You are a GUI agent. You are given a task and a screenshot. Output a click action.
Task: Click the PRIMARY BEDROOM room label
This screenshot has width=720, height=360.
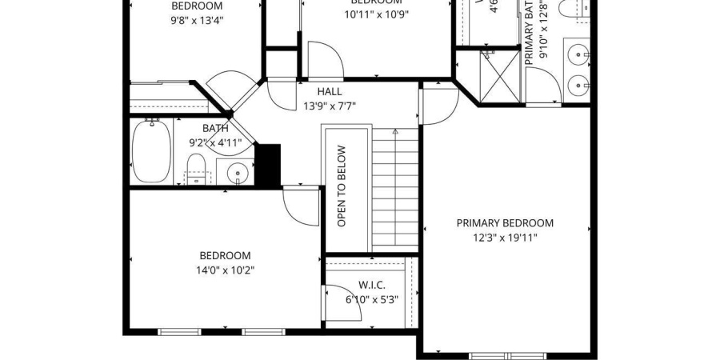click(x=504, y=223)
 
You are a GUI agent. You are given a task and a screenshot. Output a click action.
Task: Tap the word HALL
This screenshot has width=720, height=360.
click(x=329, y=92)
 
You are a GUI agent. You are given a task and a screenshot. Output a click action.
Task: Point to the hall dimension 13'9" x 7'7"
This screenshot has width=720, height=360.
click(x=329, y=106)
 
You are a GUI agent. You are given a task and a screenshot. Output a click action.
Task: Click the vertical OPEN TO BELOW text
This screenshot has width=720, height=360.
click(x=342, y=186)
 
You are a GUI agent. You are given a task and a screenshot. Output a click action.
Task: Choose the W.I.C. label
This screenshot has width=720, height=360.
click(x=371, y=285)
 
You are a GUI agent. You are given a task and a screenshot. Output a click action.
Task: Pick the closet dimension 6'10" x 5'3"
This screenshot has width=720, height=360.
click(x=371, y=299)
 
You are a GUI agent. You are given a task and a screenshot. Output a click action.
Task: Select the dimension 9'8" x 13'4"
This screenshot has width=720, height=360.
click(x=197, y=20)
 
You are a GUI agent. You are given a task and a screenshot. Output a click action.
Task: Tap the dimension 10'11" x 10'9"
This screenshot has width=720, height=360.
click(x=375, y=14)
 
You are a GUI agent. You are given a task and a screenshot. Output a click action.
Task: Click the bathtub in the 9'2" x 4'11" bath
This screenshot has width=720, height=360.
click(x=150, y=150)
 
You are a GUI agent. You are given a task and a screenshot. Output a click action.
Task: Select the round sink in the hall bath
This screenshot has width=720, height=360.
click(x=238, y=173)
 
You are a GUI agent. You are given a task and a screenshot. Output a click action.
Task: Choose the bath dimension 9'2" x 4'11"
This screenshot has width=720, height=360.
click(x=214, y=143)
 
